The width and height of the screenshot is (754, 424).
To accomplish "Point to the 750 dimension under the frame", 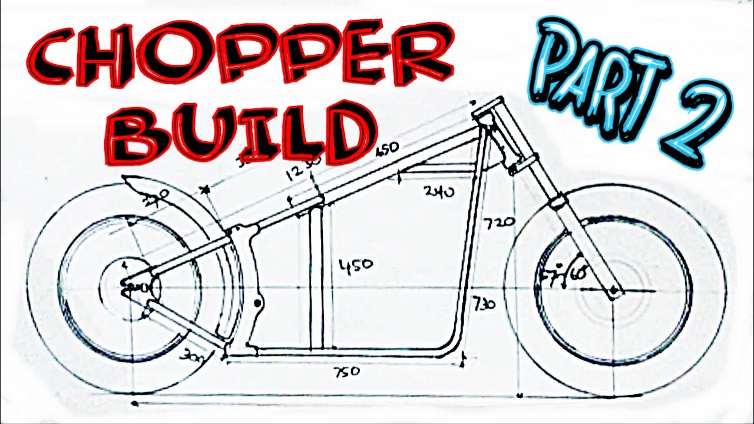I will click(x=347, y=373).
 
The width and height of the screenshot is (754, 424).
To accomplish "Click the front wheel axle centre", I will click(x=614, y=290).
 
